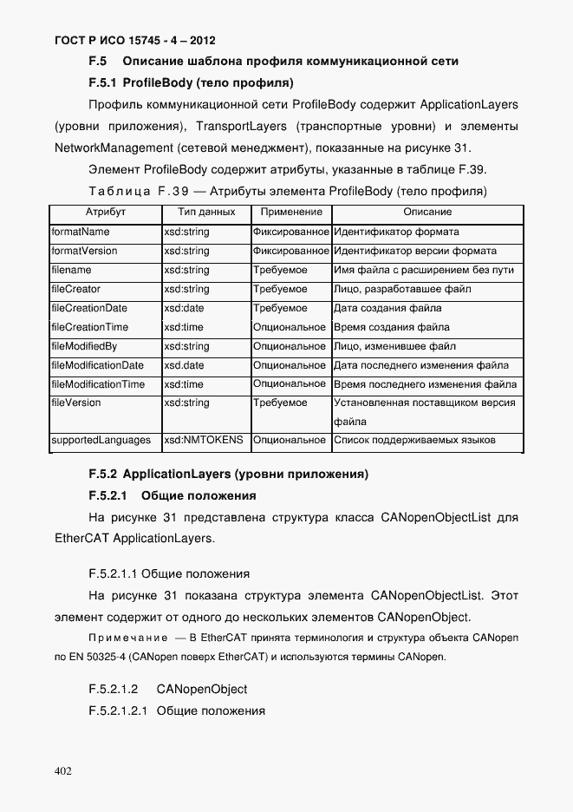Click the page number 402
(62, 770)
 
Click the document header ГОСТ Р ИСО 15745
(134, 40)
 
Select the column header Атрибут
(106, 212)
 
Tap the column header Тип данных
(205, 212)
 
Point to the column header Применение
(290, 212)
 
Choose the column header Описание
(427, 212)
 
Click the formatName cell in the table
(81, 232)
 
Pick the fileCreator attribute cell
(76, 289)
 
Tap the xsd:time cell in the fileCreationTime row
(183, 327)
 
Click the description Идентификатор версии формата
(415, 252)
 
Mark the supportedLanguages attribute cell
(101, 441)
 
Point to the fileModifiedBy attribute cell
(84, 346)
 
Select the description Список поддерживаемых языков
(414, 441)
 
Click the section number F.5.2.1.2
(114, 689)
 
